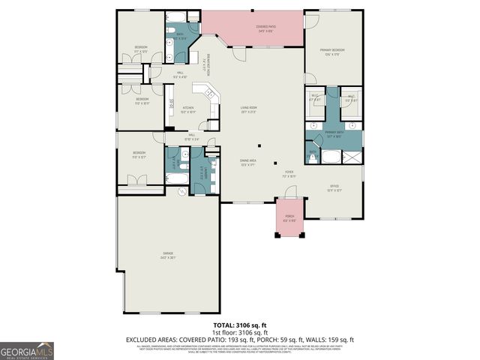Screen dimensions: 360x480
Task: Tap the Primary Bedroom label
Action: tap(333, 51)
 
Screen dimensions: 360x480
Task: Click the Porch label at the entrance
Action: tap(289, 220)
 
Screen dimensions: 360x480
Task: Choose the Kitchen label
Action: tap(189, 109)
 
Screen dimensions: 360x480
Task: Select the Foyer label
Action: tap(289, 174)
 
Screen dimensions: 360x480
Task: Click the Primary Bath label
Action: tap(334, 135)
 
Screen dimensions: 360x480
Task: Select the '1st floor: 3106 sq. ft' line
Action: tap(239, 333)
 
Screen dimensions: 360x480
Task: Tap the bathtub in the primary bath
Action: tap(330, 157)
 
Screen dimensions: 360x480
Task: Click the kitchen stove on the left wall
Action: tap(169, 104)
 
